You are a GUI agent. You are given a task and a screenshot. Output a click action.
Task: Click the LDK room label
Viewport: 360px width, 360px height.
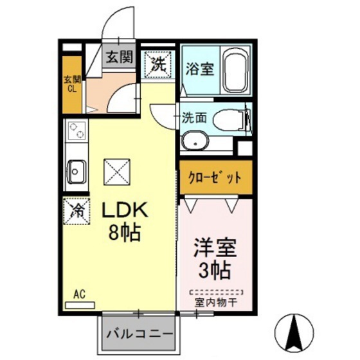pos(124,210)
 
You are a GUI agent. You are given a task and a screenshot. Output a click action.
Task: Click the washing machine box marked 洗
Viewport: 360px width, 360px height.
pos(156,64)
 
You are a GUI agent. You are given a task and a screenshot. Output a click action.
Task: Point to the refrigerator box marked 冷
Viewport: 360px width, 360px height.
pos(76,211)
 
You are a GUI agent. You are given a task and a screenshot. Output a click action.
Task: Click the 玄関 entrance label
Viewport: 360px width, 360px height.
pos(119,57)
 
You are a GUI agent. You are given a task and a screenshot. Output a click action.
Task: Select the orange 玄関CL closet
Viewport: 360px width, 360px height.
pos(73,84)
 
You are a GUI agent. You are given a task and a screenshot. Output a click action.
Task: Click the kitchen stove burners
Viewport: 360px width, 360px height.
pos(76,132)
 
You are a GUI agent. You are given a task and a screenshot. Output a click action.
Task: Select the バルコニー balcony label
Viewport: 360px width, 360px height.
pos(139,335)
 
